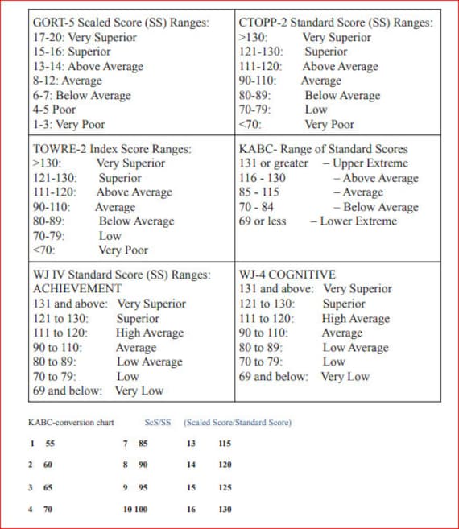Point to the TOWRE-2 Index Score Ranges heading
112,148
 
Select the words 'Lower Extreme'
358,221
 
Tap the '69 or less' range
263,221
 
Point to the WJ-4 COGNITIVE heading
287,274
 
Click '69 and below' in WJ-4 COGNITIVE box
274,376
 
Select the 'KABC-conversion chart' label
71,422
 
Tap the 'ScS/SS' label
158,422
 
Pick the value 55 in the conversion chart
50,443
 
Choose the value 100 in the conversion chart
142,509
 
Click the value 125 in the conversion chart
225,487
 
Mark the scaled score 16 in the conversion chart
191,509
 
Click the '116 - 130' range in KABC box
263,177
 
